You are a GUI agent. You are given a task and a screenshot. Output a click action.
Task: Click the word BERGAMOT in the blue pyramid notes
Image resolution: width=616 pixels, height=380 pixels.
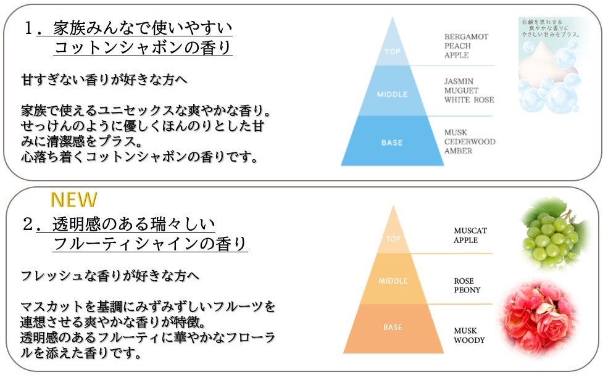[x=466, y=37]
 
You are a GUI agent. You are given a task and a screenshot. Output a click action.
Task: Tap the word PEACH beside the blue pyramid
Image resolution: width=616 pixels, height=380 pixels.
[x=457, y=46]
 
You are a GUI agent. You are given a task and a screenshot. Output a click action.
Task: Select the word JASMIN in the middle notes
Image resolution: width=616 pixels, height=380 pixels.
[x=459, y=81]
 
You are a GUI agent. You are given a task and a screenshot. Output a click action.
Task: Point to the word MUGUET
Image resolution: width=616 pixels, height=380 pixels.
[x=461, y=91]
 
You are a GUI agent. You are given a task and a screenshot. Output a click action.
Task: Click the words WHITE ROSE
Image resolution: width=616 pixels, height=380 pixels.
[x=469, y=100]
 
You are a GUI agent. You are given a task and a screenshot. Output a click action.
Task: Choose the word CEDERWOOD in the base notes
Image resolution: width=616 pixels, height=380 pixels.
[x=470, y=142]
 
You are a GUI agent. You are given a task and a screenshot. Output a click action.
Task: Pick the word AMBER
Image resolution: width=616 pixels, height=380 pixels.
[x=458, y=151]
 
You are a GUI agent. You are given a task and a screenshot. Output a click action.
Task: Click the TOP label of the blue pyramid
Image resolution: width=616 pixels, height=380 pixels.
[x=393, y=52]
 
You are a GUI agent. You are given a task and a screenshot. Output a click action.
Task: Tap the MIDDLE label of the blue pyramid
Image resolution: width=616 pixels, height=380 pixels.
[x=393, y=94]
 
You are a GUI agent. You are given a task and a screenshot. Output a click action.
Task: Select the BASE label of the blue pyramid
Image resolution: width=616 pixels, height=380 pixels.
[x=393, y=142]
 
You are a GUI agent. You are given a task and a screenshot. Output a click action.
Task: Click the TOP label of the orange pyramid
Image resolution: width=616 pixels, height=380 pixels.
[x=393, y=238]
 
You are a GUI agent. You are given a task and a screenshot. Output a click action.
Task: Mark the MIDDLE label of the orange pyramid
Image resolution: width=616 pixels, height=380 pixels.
[x=393, y=281]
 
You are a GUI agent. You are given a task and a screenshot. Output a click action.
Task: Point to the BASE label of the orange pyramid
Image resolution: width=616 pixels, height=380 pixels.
[x=393, y=328]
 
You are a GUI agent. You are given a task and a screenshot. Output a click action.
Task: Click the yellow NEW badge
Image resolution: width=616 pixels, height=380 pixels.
[x=74, y=200]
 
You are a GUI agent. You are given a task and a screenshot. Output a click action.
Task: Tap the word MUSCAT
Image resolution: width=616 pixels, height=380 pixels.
[x=470, y=231]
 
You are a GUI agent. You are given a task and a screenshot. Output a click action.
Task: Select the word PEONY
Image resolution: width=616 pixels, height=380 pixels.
[x=467, y=290]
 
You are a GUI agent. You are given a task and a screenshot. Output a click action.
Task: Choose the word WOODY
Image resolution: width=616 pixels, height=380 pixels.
[x=469, y=340]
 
